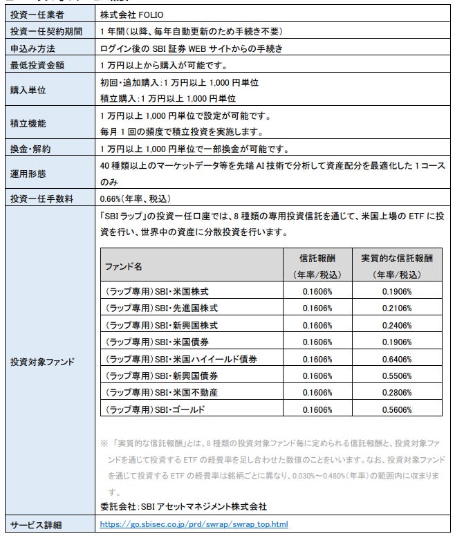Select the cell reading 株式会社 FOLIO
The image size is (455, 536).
(132, 14)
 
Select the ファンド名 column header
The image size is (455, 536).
(123, 266)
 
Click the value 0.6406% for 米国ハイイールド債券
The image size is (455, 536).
(396, 359)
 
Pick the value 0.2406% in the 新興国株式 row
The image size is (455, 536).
(396, 325)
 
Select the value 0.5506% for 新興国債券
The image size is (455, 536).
(396, 376)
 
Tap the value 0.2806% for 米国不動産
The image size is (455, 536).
(396, 393)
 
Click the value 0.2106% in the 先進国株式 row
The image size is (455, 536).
(396, 308)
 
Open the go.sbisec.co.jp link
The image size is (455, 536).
(194, 524)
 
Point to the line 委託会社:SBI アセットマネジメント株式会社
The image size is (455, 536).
(183, 506)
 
